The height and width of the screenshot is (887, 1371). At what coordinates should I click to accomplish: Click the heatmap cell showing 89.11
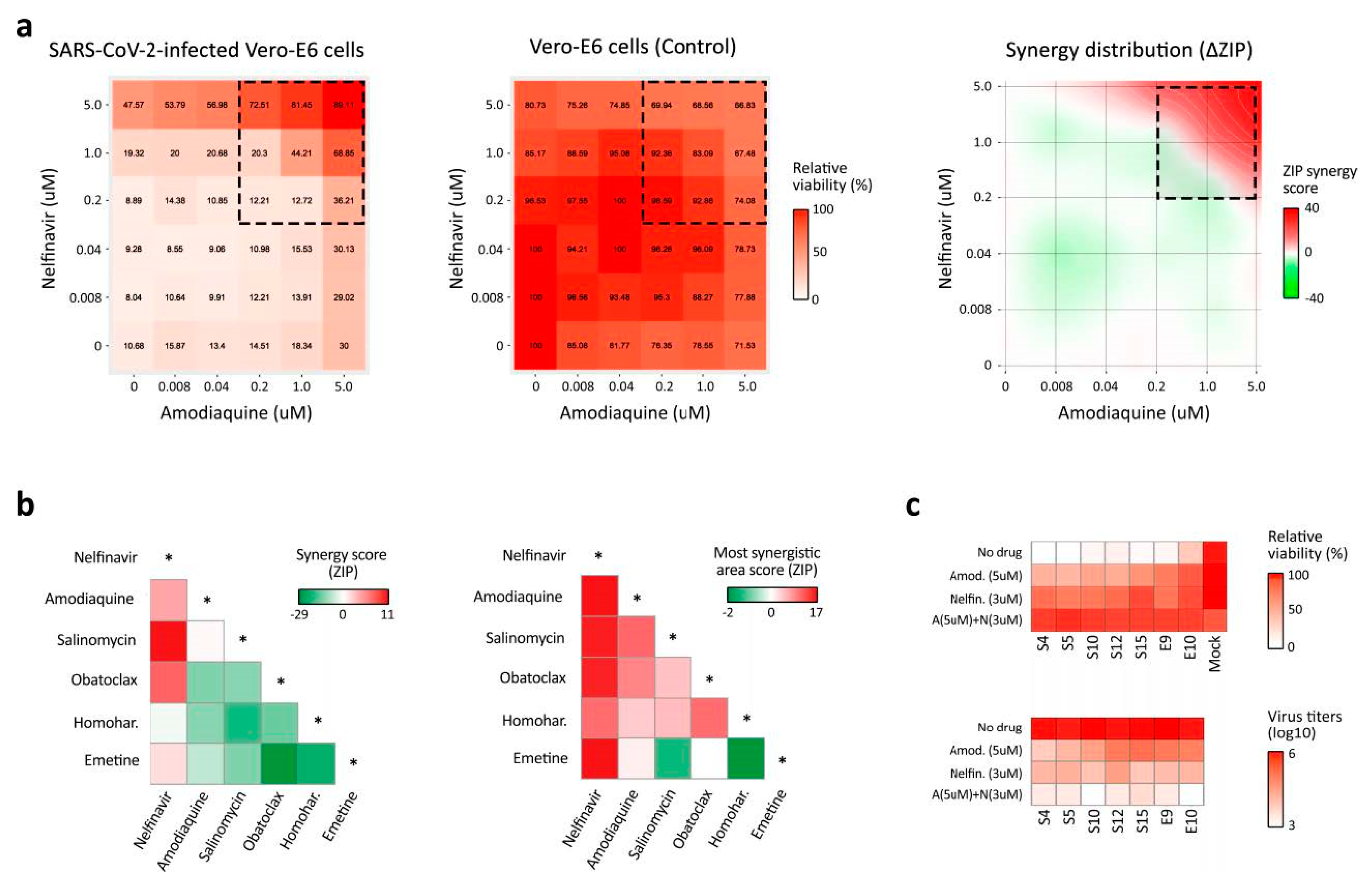(x=344, y=105)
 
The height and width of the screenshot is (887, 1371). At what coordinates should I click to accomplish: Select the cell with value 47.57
(x=133, y=105)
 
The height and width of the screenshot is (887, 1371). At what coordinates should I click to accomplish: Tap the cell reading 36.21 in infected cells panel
(x=344, y=201)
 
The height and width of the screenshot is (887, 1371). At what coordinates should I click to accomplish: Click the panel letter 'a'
(x=24, y=27)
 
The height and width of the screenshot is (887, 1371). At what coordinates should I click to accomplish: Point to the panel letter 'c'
(x=913, y=506)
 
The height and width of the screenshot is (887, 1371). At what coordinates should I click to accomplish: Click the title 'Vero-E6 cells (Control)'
(x=632, y=47)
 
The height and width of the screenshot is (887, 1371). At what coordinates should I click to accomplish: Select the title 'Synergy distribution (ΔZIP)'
(x=1129, y=50)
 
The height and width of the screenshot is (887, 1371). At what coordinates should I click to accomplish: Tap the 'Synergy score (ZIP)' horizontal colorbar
(x=343, y=596)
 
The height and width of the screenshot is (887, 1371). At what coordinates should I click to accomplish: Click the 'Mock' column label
(x=1215, y=654)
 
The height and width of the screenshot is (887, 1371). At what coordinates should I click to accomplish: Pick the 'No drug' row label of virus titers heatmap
(x=999, y=728)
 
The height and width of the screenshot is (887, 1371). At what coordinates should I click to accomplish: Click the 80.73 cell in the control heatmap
(x=535, y=105)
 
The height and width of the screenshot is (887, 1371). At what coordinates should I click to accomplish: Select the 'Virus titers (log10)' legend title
(x=1305, y=724)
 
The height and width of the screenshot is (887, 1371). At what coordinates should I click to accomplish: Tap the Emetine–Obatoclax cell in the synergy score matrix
(x=279, y=764)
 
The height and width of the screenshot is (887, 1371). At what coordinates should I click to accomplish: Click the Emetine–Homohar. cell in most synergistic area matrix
(x=746, y=758)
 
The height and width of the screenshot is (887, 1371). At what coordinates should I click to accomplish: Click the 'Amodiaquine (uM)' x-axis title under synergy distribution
(x=1133, y=413)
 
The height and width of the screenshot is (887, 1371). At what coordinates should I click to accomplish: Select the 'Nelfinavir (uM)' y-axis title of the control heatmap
(x=456, y=229)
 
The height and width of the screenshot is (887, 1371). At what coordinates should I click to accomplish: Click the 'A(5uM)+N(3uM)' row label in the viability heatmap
(x=977, y=620)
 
